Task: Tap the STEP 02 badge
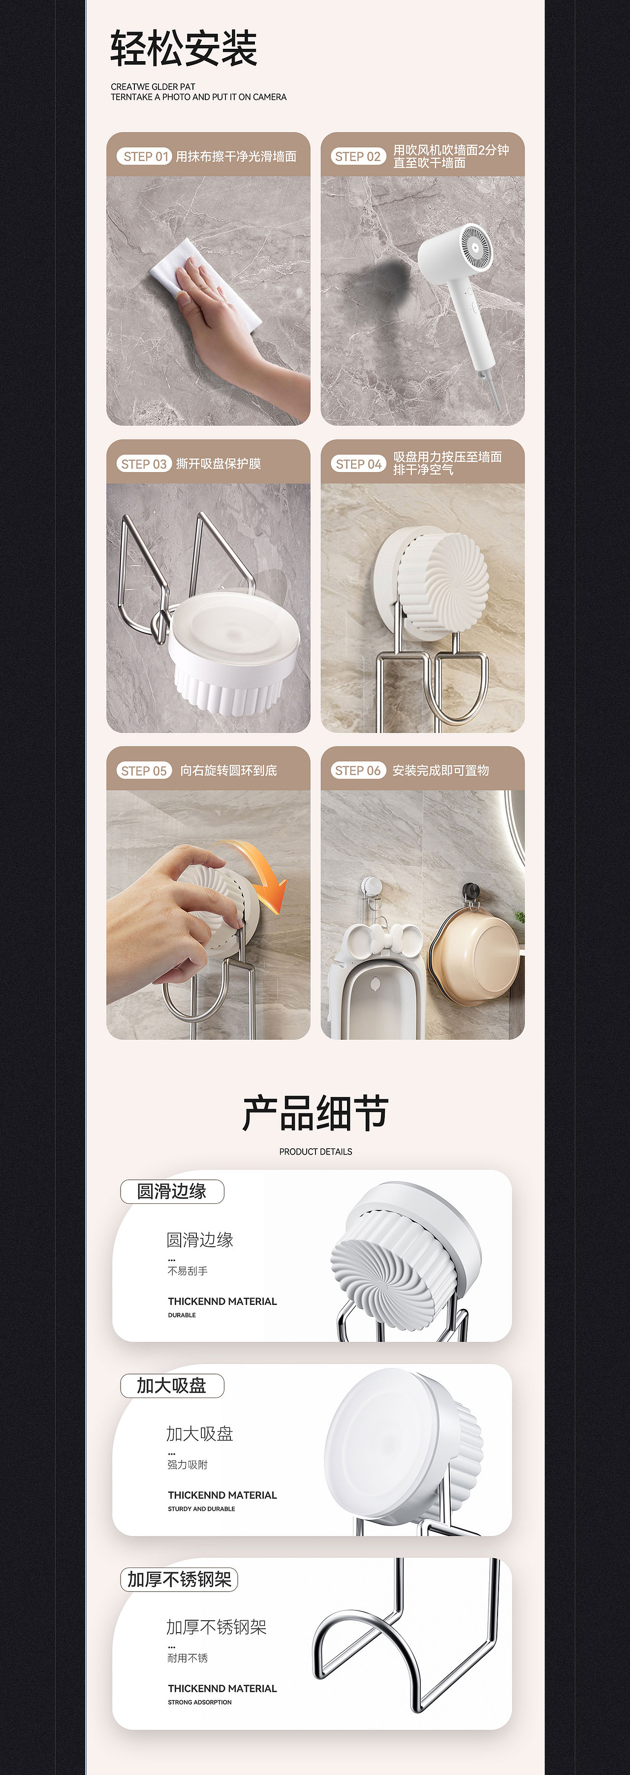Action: point(358,156)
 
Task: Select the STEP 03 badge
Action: point(144,464)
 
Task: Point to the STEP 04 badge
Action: point(358,464)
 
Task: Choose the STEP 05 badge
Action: point(144,770)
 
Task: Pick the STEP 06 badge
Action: point(358,770)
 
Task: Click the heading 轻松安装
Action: point(184,49)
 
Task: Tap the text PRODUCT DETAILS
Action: point(315,1152)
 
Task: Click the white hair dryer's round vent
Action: point(476,245)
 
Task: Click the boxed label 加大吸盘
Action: point(172,1386)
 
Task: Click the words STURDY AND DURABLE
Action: point(201,1508)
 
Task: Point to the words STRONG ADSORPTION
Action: point(200,1702)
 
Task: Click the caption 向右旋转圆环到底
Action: point(228,770)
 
